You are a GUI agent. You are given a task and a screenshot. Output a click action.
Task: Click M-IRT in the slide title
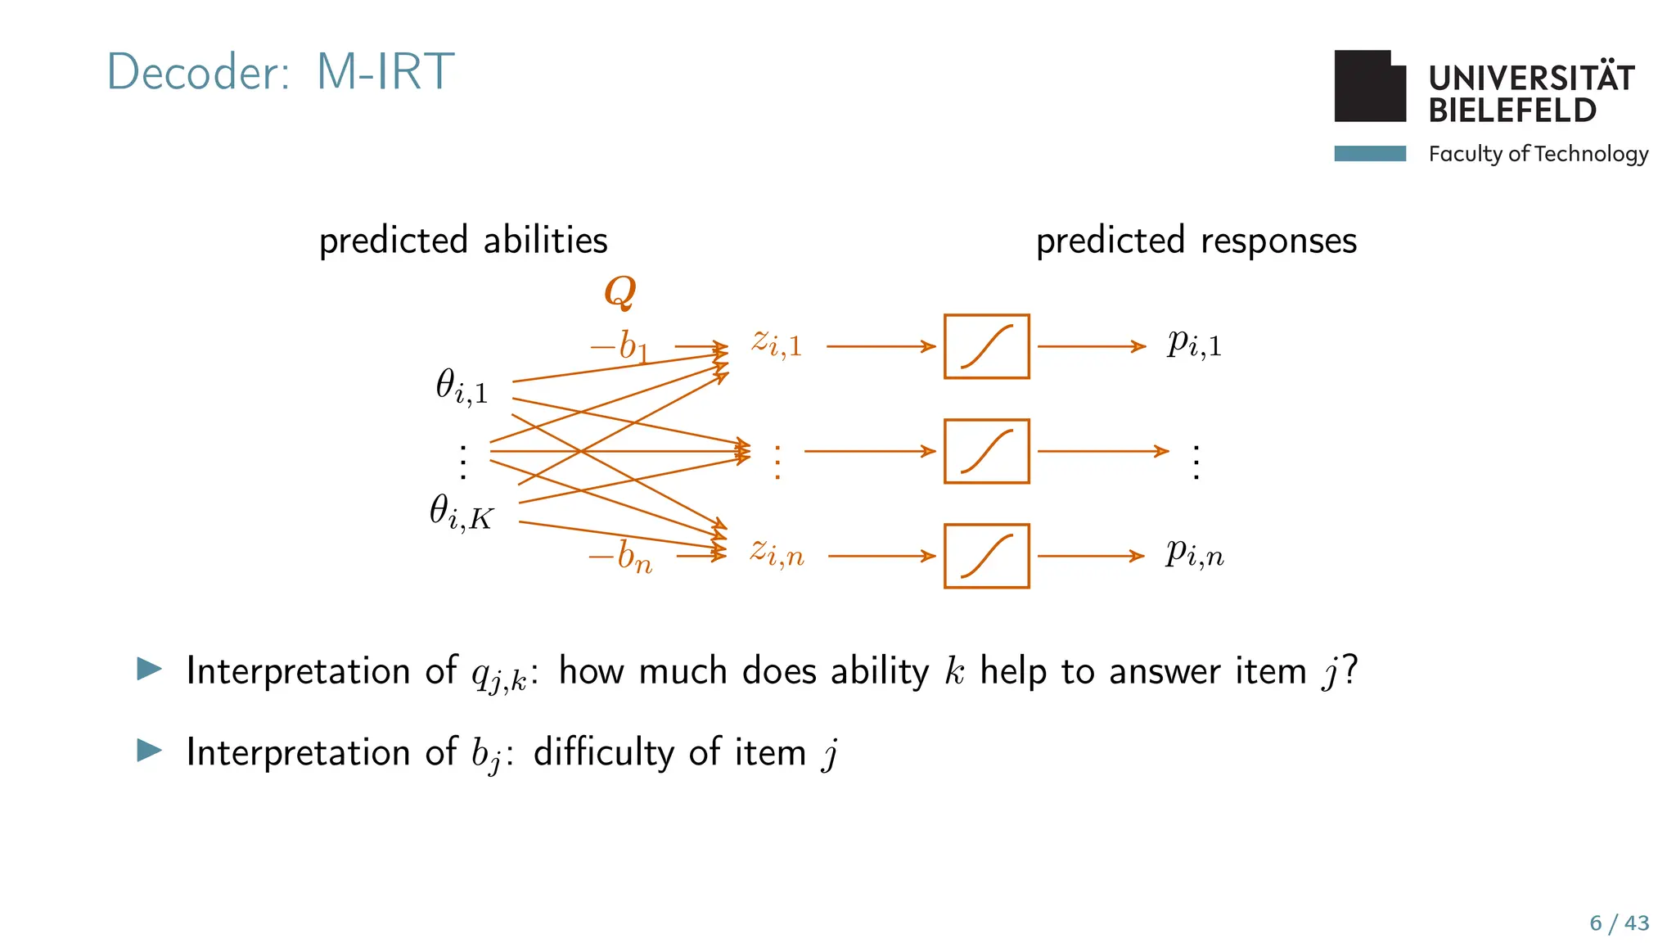point(385,72)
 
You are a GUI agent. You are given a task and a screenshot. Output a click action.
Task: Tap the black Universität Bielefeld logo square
point(1369,87)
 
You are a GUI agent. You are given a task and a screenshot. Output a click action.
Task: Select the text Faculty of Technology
point(1538,154)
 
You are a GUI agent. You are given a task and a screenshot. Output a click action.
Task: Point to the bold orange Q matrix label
point(620,291)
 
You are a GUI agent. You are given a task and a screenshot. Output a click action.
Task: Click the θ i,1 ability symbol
point(462,386)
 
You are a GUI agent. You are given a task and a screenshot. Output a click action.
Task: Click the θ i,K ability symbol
point(462,512)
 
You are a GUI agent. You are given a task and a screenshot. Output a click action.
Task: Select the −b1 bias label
point(619,346)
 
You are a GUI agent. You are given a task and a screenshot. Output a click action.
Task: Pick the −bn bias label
point(620,557)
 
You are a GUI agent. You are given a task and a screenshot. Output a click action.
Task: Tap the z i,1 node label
point(777,343)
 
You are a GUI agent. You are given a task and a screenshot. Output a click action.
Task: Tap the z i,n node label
point(777,553)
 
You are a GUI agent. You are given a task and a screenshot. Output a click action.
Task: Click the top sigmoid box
point(986,346)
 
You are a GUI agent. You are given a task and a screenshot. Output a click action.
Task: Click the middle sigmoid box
point(986,451)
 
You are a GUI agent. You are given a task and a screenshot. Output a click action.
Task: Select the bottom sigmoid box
point(986,556)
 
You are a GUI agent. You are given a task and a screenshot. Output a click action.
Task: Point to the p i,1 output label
point(1194,343)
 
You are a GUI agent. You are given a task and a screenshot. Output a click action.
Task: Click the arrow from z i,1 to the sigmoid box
point(881,346)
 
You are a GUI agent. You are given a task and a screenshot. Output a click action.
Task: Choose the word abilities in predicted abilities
point(545,241)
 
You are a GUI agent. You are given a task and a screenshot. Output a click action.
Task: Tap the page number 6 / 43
point(1619,923)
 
